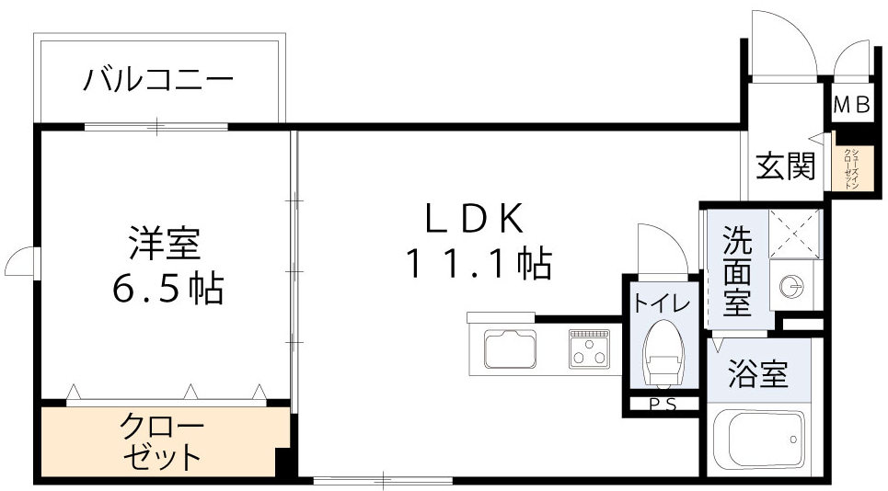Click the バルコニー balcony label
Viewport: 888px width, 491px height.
(158, 80)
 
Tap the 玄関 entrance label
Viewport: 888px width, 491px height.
(786, 166)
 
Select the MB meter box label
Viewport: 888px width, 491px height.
(851, 106)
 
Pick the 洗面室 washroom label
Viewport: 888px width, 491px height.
(736, 271)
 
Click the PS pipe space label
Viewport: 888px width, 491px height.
(660, 403)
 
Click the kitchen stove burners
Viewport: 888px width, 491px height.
(588, 348)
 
